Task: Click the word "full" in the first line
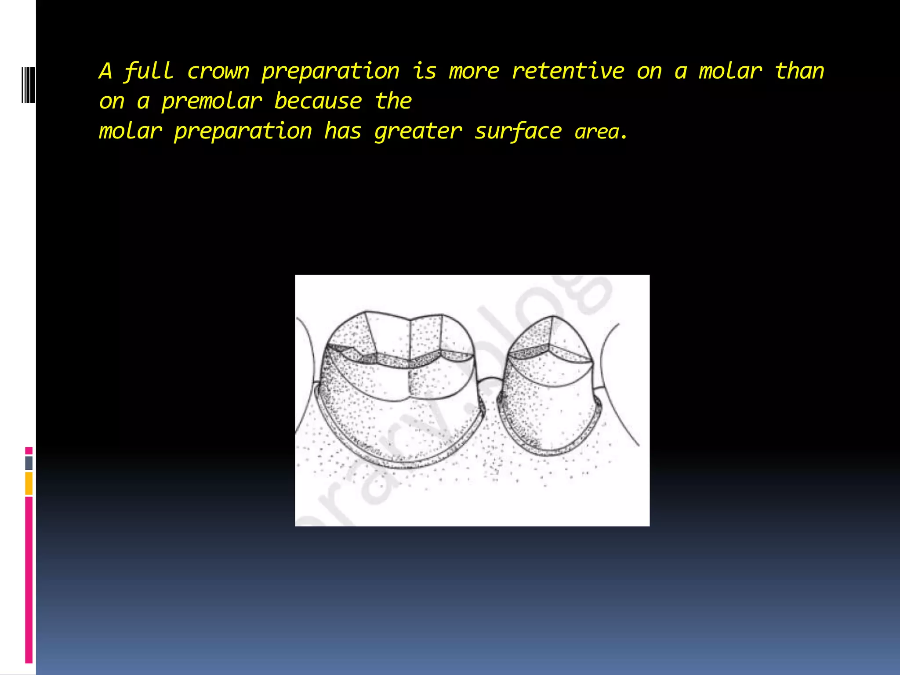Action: pos(149,71)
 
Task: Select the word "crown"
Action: pos(218,71)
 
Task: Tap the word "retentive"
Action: pos(568,71)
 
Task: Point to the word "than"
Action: pos(799,71)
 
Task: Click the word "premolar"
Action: pos(212,102)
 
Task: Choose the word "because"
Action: pos(318,102)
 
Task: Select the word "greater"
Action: pos(418,131)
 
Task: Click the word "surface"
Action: pos(518,131)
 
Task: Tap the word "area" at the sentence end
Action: pos(597,132)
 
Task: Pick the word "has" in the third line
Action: pos(343,131)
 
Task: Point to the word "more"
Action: pos(474,71)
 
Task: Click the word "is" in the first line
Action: pos(424,71)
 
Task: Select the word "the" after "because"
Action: pos(393,102)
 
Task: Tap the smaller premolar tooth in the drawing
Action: pos(549,387)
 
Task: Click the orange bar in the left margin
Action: pos(29,483)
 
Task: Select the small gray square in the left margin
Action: pos(29,463)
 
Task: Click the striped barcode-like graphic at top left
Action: pos(28,85)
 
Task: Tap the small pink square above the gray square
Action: pos(29,450)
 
